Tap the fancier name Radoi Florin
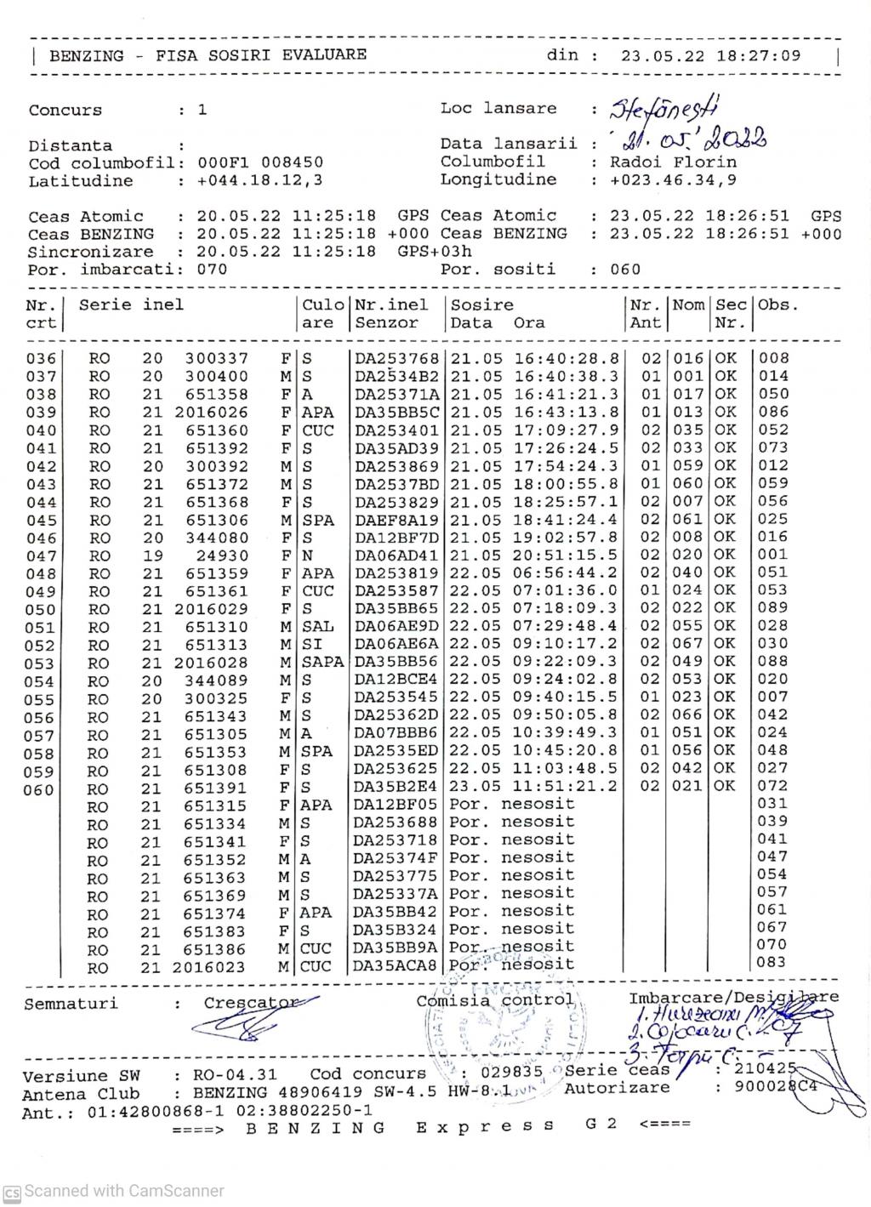(x=674, y=162)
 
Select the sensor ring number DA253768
(x=396, y=358)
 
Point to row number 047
(x=41, y=557)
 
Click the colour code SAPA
(x=322, y=663)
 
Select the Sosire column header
(x=481, y=305)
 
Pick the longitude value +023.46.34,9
(x=674, y=179)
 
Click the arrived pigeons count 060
(x=626, y=270)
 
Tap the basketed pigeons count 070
(x=212, y=270)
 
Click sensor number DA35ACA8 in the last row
(x=396, y=965)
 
